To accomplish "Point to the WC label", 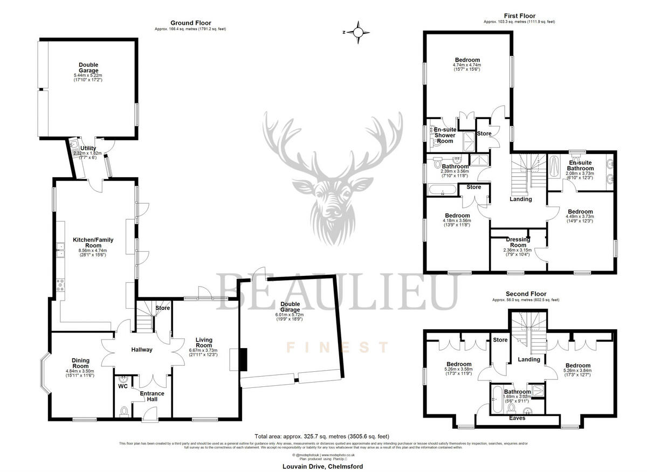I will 122,386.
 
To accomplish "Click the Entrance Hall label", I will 152,397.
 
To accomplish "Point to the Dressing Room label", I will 518,242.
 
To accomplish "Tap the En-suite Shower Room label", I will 445,135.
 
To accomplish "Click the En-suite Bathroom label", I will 580,165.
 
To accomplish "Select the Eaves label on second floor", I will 518,418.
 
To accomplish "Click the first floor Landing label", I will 520,199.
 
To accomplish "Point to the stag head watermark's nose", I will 330,223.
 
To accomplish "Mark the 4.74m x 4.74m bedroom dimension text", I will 467,65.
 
